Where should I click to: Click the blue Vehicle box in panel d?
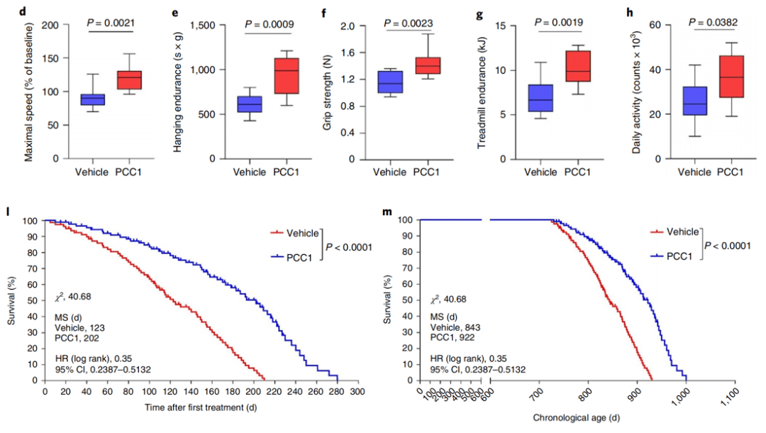tap(92, 99)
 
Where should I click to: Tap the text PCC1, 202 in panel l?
tap(77, 337)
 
